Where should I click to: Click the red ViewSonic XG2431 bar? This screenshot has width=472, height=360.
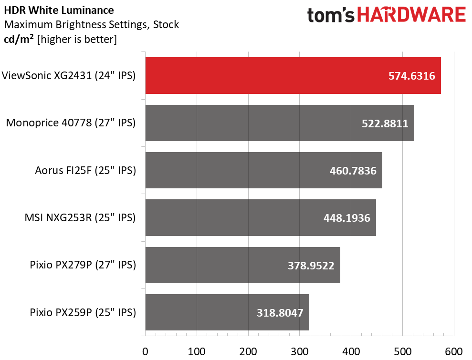(293, 75)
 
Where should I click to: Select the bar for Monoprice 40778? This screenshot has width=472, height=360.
(280, 123)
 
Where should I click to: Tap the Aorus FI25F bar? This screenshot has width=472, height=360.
(264, 170)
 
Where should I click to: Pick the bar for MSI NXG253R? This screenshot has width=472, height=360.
(261, 218)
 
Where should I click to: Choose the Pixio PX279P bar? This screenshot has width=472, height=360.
(242, 265)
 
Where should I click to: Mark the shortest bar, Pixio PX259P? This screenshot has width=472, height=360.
(227, 312)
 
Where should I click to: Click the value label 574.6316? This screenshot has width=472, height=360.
(411, 76)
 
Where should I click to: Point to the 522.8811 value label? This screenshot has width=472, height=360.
(385, 123)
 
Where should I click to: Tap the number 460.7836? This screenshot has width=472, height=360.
(353, 171)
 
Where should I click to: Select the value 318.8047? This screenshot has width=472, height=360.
(280, 313)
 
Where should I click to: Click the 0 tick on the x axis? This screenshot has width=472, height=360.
(145, 351)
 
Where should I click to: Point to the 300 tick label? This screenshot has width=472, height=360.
(300, 351)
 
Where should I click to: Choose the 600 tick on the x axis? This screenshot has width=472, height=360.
(454, 351)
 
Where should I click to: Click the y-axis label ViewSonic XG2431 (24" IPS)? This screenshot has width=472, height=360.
(69, 75)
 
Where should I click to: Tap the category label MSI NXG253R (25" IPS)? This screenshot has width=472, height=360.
(80, 217)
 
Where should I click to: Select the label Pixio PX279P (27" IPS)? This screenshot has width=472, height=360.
(83, 265)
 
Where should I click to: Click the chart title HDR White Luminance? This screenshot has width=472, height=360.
(59, 10)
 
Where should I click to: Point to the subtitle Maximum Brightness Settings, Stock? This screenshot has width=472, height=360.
(92, 24)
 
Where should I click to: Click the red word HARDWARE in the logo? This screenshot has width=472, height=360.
(411, 15)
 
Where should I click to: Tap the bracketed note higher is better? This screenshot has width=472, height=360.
(77, 40)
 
